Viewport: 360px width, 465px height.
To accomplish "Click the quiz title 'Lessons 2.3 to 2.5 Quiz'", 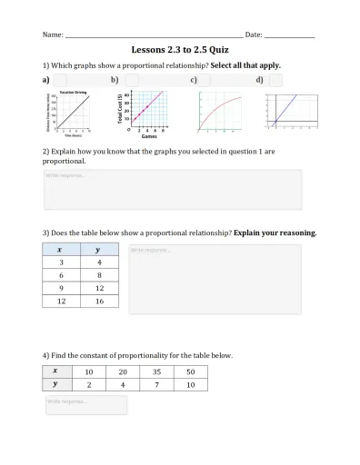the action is (x=180, y=52).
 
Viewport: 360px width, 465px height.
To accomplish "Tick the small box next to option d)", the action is (x=275, y=81).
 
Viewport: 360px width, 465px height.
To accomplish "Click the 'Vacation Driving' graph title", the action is (x=73, y=94).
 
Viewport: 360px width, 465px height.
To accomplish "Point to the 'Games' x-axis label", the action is (x=149, y=135).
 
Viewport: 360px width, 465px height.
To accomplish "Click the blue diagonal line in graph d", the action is (x=284, y=109).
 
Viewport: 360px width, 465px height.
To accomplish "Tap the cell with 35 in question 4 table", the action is (x=156, y=371).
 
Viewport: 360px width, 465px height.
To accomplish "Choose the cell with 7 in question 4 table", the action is (x=156, y=384).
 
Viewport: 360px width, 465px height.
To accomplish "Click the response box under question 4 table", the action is (x=85, y=404).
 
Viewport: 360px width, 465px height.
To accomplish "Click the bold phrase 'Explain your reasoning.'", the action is (x=275, y=232).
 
